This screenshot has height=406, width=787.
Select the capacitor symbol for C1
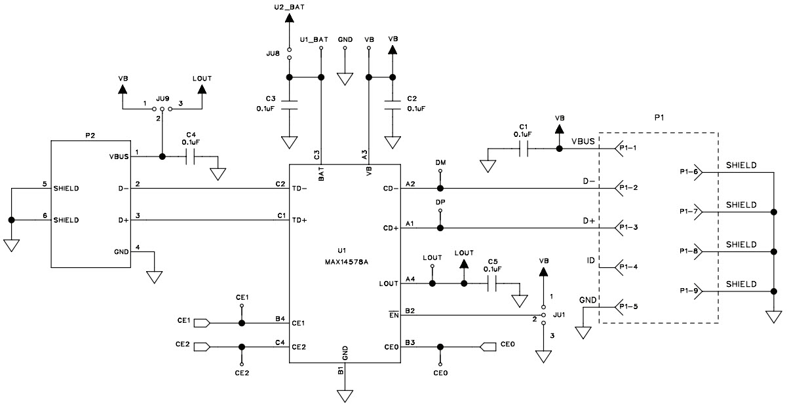coord(523,149)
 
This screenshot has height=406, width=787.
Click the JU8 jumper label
coord(274,53)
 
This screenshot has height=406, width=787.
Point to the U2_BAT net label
coord(289,7)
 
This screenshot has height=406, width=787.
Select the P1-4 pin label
coord(628,267)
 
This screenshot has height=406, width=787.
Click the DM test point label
coord(440,161)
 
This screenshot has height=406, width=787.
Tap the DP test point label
coord(440,202)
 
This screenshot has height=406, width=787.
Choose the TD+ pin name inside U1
coord(300,220)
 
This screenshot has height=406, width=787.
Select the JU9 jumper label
coord(162,98)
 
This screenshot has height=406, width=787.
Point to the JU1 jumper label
coord(558,315)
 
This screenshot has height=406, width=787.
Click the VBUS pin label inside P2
coord(118,157)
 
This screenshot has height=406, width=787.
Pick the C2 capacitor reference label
coord(412,98)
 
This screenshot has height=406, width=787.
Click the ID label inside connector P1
coord(591,261)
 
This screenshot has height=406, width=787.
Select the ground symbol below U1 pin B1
coord(345,396)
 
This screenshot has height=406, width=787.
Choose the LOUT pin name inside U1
coord(389,284)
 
